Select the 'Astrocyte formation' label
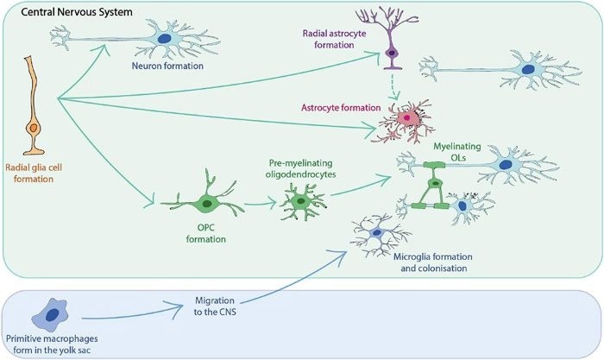pyautogui.click(x=339, y=108)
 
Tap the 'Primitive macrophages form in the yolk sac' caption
pyautogui.click(x=53, y=342)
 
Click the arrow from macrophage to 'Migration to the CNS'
pyautogui.click(x=130, y=313)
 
